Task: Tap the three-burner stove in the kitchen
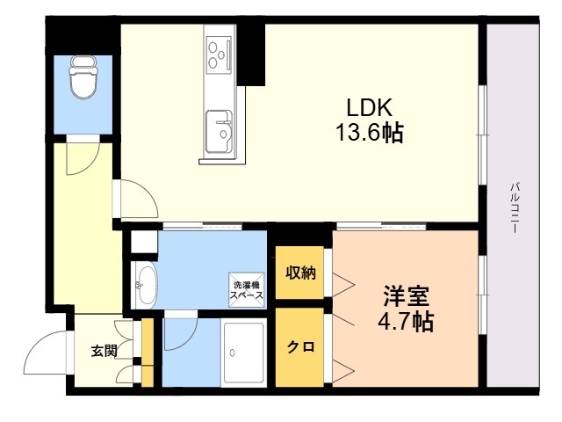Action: pyautogui.click(x=218, y=53)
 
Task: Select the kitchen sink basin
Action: pyautogui.click(x=218, y=130)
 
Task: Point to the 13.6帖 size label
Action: pyautogui.click(x=368, y=134)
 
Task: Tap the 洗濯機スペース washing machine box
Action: pyautogui.click(x=247, y=289)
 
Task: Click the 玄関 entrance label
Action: pyautogui.click(x=102, y=352)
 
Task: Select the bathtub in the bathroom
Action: pyautogui.click(x=241, y=352)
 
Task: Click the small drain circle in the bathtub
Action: pyautogui.click(x=234, y=353)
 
